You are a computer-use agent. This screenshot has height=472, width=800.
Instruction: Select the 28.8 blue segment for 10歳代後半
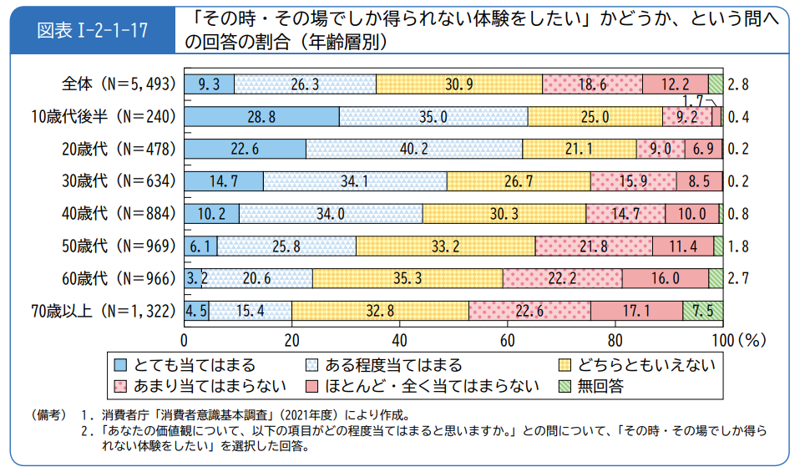point(261,117)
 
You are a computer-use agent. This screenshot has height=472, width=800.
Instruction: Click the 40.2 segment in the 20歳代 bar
point(414,149)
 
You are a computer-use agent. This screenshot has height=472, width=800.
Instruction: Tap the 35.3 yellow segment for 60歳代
point(408,277)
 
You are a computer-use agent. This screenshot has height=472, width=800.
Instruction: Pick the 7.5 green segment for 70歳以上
point(702,311)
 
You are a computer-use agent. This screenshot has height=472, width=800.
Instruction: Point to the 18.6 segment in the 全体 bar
point(592,84)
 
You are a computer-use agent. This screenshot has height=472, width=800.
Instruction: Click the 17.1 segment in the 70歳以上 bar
point(636,311)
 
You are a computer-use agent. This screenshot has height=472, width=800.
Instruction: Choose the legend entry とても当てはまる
point(192,365)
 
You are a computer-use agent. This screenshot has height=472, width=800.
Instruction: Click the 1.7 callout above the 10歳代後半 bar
point(692,100)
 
